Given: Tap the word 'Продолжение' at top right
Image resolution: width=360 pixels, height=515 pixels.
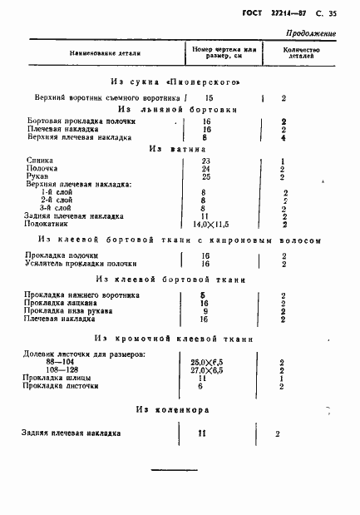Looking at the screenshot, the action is (310, 34).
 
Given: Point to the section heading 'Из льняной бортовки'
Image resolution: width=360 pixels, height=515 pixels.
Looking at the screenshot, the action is (177, 109).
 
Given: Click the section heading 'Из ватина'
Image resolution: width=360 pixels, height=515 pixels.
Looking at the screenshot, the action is (177, 149).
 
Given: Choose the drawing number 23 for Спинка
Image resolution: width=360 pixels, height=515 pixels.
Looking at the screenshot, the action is (205, 161).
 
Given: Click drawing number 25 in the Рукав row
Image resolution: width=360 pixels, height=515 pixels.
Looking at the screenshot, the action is (205, 176).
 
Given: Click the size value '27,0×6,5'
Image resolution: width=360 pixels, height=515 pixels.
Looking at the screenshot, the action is (209, 370).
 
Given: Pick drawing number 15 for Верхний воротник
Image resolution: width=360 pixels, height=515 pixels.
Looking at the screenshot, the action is (209, 97).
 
